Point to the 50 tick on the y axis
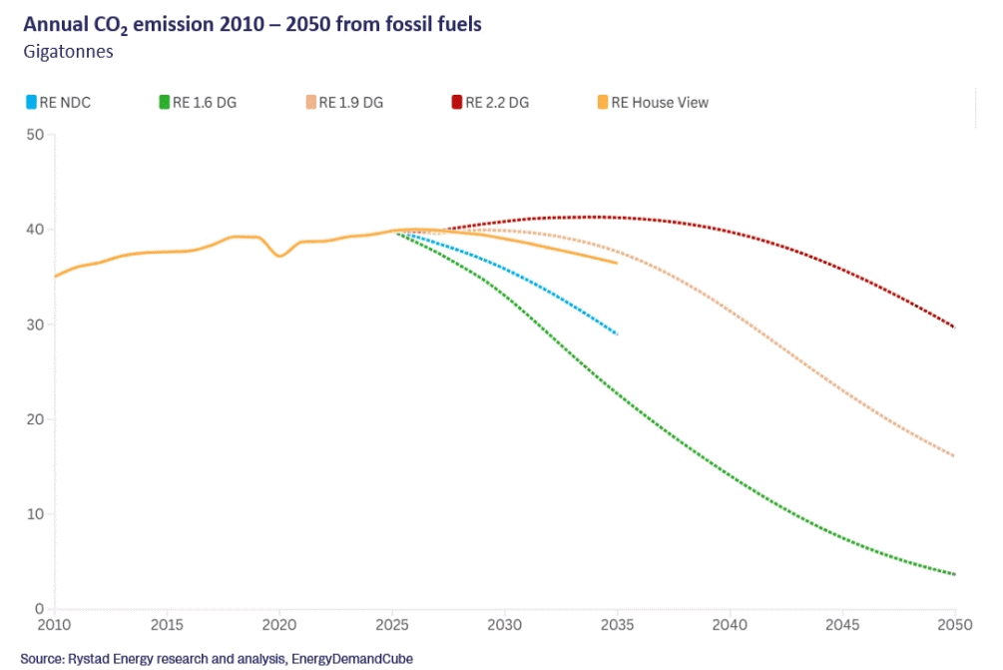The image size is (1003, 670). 36,135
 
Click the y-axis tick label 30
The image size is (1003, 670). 36,325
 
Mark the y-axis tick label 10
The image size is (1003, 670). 36,514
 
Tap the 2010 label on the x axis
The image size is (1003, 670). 54,626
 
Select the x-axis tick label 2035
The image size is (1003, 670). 618,626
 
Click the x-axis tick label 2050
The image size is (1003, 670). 955,626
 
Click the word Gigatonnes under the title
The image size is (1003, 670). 68,52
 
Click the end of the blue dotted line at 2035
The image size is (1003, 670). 618,334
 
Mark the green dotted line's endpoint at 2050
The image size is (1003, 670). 955,574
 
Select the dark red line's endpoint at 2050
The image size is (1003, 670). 955,328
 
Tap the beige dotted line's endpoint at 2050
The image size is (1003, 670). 955,456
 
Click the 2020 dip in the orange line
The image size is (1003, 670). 280,256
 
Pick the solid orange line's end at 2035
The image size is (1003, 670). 617,263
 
